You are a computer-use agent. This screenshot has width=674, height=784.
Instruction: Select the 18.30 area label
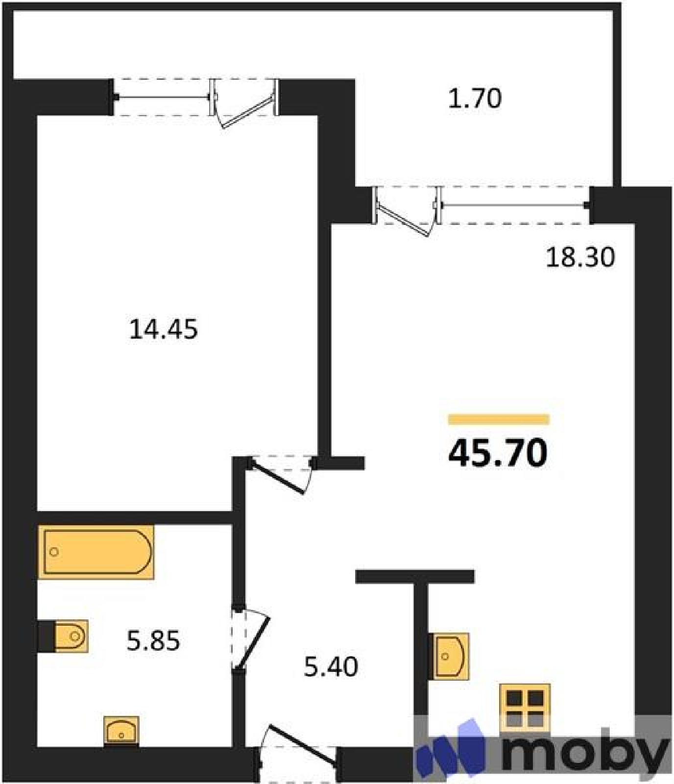[x=580, y=257]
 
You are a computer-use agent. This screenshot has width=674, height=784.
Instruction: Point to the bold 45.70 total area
[x=498, y=453]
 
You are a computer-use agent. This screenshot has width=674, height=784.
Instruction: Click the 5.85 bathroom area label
[x=153, y=640]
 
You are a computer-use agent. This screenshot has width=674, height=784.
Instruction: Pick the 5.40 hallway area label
[x=331, y=666]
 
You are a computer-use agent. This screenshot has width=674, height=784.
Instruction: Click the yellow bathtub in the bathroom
[x=96, y=552]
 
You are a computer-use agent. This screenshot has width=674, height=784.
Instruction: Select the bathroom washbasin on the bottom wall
[x=121, y=731]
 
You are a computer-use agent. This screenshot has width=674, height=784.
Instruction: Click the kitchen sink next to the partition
[x=449, y=656]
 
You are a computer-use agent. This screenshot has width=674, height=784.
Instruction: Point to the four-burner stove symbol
[x=525, y=708]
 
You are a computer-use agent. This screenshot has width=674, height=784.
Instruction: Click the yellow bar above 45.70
[x=499, y=419]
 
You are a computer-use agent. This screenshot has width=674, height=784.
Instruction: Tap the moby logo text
[x=585, y=753]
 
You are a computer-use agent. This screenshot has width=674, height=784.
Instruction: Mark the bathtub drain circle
[x=54, y=552]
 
